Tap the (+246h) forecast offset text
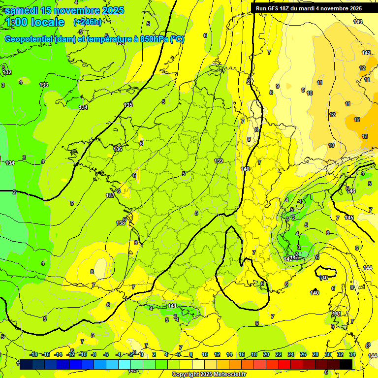87,22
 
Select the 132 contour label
7,72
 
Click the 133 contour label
44,85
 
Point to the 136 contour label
118,149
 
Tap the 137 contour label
110,195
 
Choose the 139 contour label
219,161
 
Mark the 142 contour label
366,53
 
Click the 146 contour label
351,191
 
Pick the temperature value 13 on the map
365,136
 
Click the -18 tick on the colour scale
33,354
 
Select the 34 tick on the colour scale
352,354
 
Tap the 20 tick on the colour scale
266,354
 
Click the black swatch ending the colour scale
346,364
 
